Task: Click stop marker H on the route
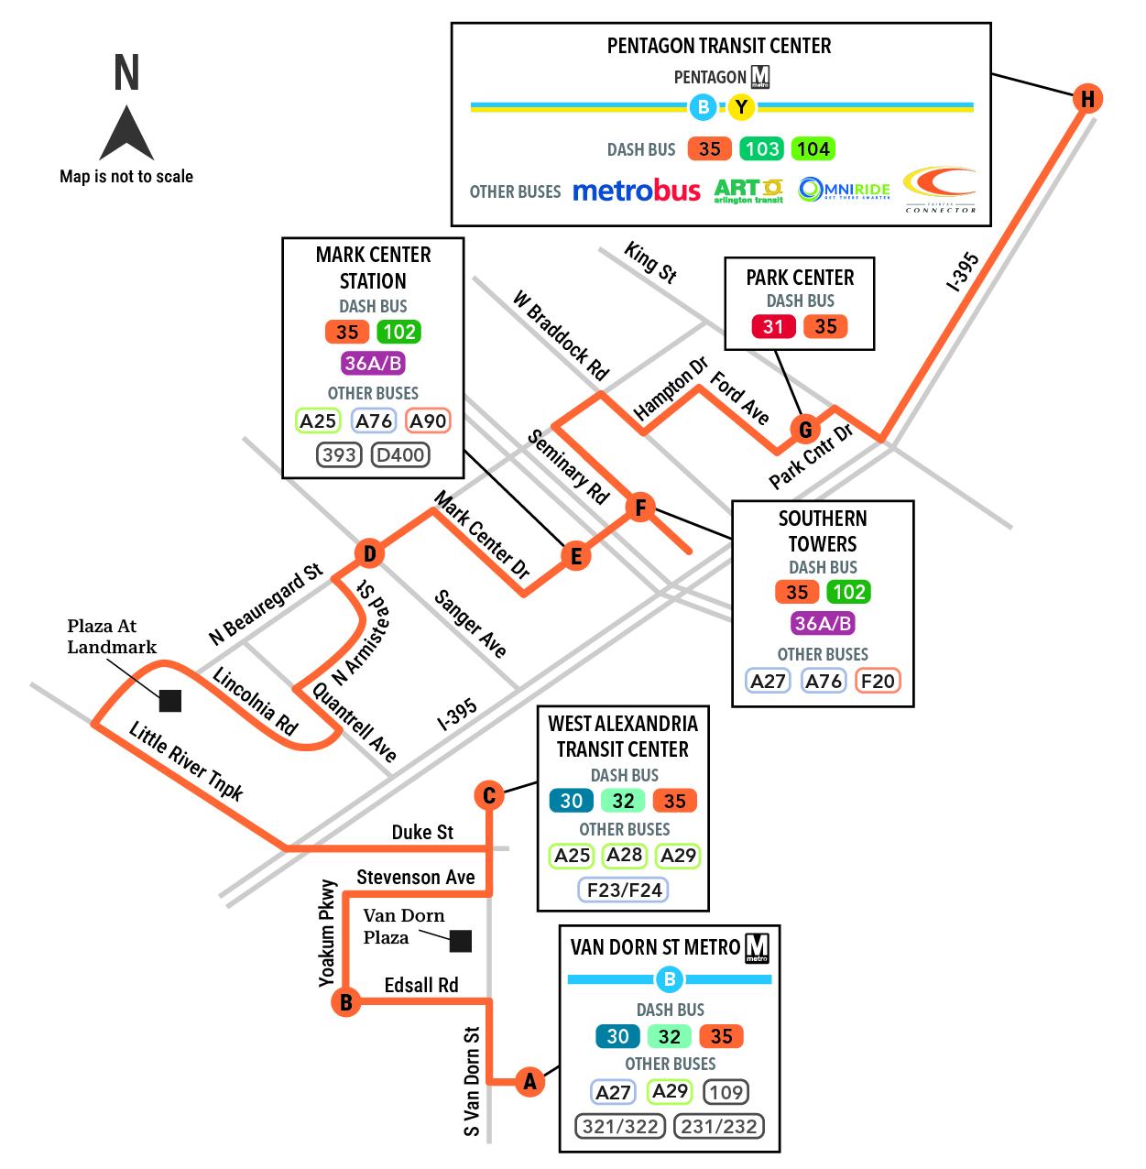(1087, 98)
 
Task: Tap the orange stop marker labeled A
(529, 1081)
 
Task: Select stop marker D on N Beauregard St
(369, 553)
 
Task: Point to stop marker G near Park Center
(805, 430)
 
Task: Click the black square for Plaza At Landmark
(170, 701)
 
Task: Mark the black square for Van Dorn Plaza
(461, 941)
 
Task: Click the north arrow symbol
(126, 132)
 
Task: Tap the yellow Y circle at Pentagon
(741, 107)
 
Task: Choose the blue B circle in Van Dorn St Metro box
(670, 979)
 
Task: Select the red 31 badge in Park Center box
(773, 326)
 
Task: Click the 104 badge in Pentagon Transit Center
(813, 148)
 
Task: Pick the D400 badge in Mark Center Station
(400, 454)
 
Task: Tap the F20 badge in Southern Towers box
(878, 681)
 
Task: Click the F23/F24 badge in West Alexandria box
(624, 890)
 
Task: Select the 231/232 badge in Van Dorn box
(719, 1127)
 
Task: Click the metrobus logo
(637, 191)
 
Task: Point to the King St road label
(650, 263)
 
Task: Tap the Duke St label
(422, 832)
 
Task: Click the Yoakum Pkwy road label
(327, 933)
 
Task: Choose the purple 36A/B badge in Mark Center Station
(373, 363)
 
